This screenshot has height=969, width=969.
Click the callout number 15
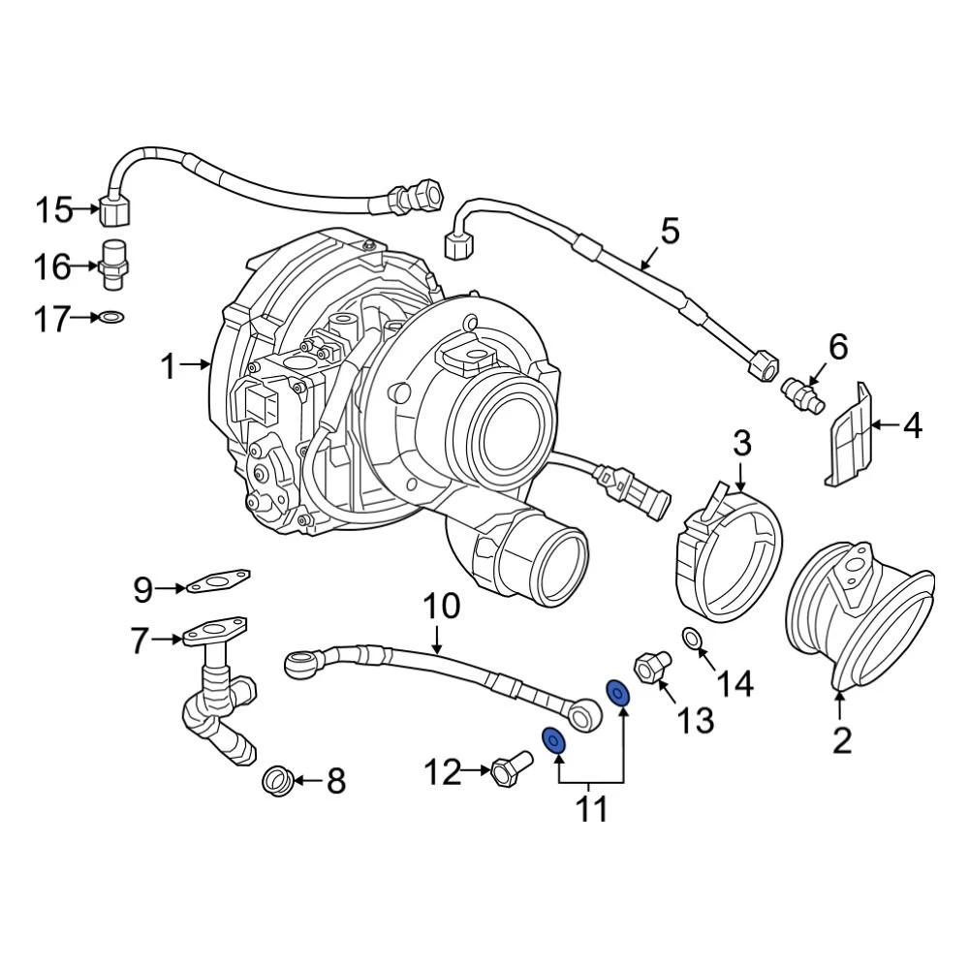coord(55,208)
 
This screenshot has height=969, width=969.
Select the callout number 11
coord(591,807)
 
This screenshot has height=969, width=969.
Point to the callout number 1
coord(170,366)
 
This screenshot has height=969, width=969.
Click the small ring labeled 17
coord(113,316)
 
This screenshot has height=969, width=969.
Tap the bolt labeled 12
coord(507,771)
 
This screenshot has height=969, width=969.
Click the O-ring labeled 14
coord(692,639)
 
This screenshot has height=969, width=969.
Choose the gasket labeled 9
coord(219,583)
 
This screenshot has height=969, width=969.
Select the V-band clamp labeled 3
coord(730,557)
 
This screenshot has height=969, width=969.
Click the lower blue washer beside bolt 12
coord(553,741)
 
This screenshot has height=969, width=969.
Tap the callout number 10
coord(441,609)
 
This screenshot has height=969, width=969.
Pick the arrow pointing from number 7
coord(169,639)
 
